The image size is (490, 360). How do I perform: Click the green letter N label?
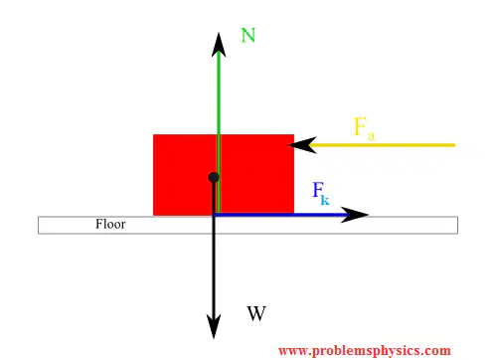click(x=248, y=36)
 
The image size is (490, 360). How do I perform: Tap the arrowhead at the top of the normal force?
click(x=219, y=45)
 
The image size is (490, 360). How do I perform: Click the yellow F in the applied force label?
click(x=360, y=126)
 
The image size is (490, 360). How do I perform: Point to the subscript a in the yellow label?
click(x=371, y=135)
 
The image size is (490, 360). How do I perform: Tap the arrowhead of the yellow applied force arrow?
click(x=302, y=145)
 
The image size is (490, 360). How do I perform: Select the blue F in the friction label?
click(x=318, y=190)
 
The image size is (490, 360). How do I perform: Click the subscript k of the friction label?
click(x=325, y=200)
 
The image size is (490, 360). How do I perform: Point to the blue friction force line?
click(x=280, y=215)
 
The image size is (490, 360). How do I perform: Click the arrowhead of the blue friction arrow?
click(x=355, y=215)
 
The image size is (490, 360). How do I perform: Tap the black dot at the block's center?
click(x=214, y=177)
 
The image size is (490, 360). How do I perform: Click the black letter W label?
click(x=256, y=313)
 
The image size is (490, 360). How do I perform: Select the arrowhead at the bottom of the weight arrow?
click(x=214, y=326)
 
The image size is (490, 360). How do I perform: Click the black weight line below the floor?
click(x=214, y=274)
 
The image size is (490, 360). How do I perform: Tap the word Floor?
click(x=110, y=224)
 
